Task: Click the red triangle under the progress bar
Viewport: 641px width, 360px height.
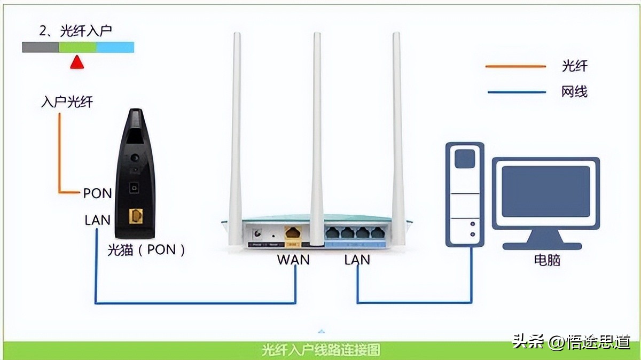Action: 77,62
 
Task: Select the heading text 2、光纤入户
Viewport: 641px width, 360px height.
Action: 75,31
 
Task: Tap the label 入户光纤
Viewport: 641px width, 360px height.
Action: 67,101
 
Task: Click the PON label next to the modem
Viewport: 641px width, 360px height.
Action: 97,193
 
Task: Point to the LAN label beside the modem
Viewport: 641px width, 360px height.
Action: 97,220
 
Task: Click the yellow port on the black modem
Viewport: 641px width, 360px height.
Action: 136,216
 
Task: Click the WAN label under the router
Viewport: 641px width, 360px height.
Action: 293,260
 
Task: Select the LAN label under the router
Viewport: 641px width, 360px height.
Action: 357,260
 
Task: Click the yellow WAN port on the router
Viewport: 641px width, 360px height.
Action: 293,233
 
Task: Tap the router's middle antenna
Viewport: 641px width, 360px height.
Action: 317,134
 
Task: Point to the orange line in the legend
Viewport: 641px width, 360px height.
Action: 515,67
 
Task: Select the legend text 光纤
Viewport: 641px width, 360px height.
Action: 574,66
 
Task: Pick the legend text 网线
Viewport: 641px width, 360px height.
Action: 574,92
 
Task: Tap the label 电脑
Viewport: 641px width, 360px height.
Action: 547,260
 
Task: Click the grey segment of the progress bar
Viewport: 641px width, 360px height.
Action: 40,48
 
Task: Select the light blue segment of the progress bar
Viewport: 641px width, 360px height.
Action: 115,48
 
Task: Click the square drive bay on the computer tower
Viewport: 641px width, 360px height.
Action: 465,159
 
